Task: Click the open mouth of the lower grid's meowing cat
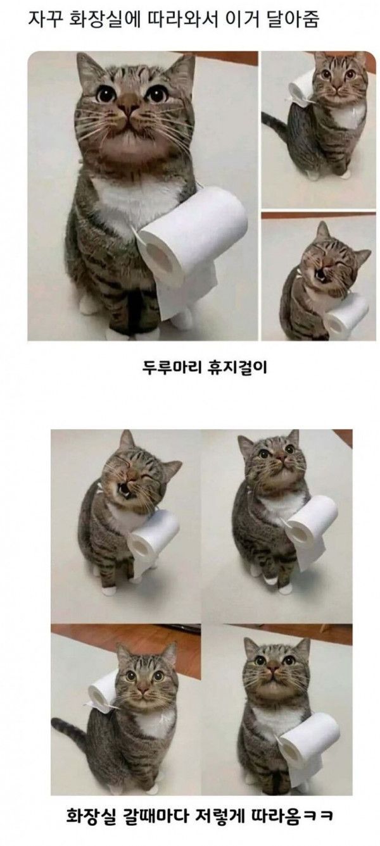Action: click(124, 492)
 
